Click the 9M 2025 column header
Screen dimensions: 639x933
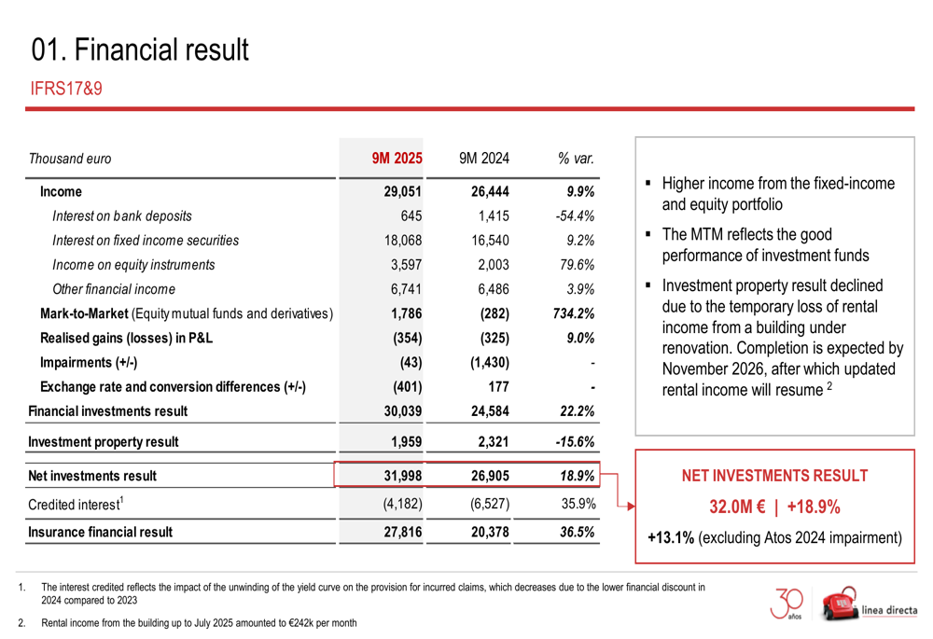(397, 159)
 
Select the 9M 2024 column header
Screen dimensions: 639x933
(484, 159)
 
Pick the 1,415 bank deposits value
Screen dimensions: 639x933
(491, 215)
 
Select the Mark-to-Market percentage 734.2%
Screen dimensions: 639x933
(574, 313)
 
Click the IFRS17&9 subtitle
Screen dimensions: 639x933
(65, 90)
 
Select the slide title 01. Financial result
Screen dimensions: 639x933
(140, 49)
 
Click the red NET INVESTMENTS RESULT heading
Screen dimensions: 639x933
(774, 476)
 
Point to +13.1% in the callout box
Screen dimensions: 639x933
(670, 538)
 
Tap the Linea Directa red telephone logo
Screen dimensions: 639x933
(842, 604)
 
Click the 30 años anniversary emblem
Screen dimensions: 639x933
(789, 604)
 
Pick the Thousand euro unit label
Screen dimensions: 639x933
(70, 159)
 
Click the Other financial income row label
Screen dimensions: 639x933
(114, 288)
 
